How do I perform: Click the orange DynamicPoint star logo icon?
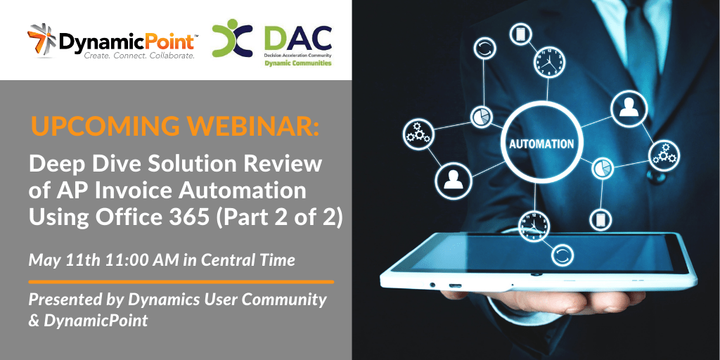pyautogui.click(x=42, y=40)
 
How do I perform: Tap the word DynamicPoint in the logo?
pyautogui.click(x=127, y=41)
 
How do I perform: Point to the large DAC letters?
pyautogui.click(x=298, y=39)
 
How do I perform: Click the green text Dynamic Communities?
pyautogui.click(x=298, y=63)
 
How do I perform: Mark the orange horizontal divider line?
pyautogui.click(x=181, y=281)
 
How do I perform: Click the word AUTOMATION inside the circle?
pyautogui.click(x=542, y=143)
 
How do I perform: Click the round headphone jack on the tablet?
pyautogui.click(x=432, y=285)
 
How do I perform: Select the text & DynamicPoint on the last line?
pyautogui.click(x=89, y=321)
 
